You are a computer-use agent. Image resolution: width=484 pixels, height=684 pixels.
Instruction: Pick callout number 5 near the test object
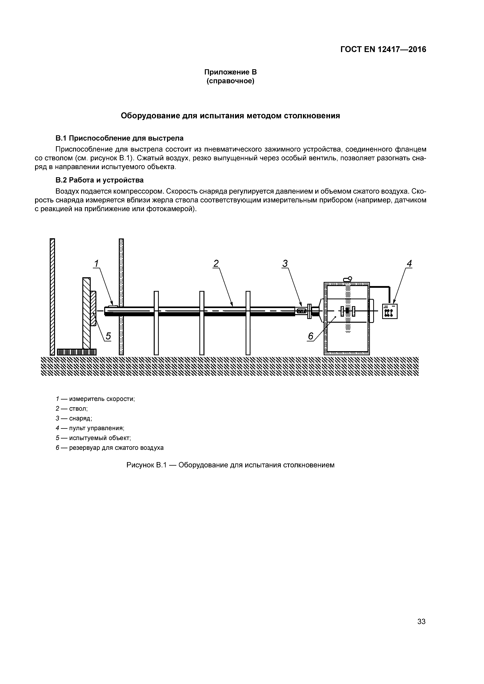(108, 336)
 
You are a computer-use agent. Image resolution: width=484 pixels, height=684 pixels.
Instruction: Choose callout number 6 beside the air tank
(311, 336)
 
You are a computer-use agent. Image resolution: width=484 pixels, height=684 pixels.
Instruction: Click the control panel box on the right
(390, 311)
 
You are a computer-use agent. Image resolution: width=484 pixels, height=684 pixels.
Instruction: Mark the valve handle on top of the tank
(347, 279)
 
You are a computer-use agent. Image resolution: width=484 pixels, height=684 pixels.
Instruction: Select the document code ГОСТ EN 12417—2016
(383, 50)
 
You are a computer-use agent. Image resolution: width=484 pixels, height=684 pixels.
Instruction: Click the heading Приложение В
(230, 72)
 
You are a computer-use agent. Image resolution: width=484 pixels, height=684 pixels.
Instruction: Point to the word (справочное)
(230, 81)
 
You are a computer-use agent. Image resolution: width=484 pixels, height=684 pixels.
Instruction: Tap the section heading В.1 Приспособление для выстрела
(120, 138)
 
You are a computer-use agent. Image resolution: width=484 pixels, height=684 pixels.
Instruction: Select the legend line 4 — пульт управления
(90, 428)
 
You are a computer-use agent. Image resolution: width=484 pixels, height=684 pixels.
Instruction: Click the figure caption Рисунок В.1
(230, 465)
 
